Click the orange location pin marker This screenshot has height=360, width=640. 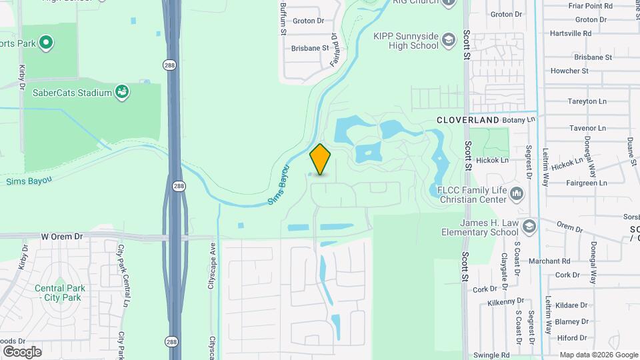[320, 159]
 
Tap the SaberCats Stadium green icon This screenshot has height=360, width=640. [122, 92]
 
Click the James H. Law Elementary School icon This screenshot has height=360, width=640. [529, 225]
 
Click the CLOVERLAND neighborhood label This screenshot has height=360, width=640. [467, 119]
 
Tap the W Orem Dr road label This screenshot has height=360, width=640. [61, 236]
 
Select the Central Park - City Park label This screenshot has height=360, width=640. [58, 293]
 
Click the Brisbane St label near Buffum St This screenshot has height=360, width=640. [310, 48]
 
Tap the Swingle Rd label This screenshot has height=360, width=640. [491, 355]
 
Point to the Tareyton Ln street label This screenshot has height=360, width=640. [587, 102]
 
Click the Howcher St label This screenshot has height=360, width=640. [569, 71]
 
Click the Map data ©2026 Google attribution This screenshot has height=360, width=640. [599, 355]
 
